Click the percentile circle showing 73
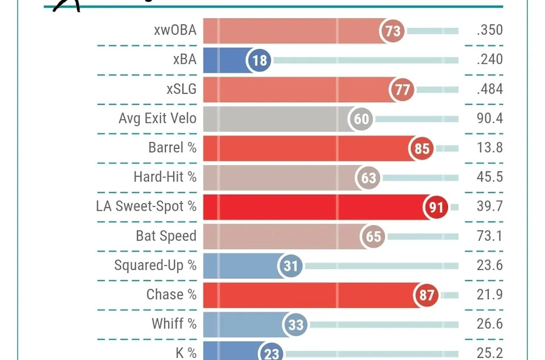[x=393, y=31]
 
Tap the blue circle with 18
[x=259, y=60]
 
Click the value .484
[x=489, y=89]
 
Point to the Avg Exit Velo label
[x=157, y=119]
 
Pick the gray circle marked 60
[x=362, y=119]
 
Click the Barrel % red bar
[x=307, y=148]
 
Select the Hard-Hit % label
[x=165, y=177]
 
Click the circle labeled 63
[x=368, y=178]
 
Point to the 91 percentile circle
[x=435, y=207]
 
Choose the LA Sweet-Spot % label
[x=146, y=207]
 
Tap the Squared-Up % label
[x=155, y=265]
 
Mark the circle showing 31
[x=291, y=266]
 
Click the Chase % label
[x=171, y=295]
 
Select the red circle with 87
[x=427, y=295]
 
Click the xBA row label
[x=185, y=60]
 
